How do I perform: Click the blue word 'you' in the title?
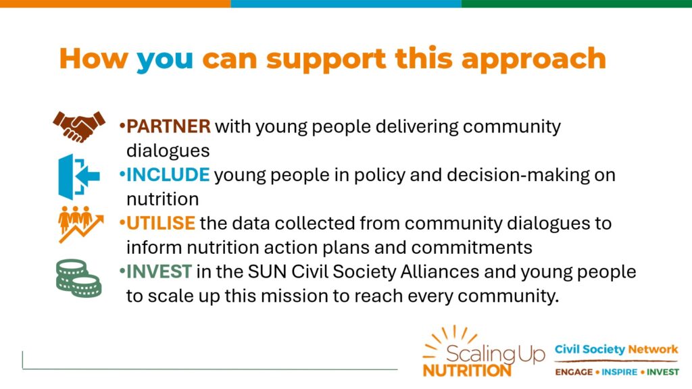click(x=165, y=60)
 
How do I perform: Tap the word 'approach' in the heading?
click(x=534, y=60)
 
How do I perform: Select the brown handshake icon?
click(x=79, y=126)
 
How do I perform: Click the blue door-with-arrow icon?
click(x=79, y=176)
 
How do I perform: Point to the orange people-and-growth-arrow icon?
click(x=81, y=224)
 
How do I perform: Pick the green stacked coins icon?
click(x=79, y=278)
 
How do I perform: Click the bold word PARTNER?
click(x=168, y=126)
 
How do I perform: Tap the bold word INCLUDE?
click(x=168, y=175)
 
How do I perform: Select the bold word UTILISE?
click(x=161, y=223)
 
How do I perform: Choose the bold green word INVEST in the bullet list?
click(x=159, y=271)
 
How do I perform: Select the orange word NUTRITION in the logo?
click(x=467, y=370)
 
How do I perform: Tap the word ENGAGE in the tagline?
click(x=574, y=372)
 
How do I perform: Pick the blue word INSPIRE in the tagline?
click(x=620, y=372)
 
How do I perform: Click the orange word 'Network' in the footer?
click(x=653, y=350)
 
